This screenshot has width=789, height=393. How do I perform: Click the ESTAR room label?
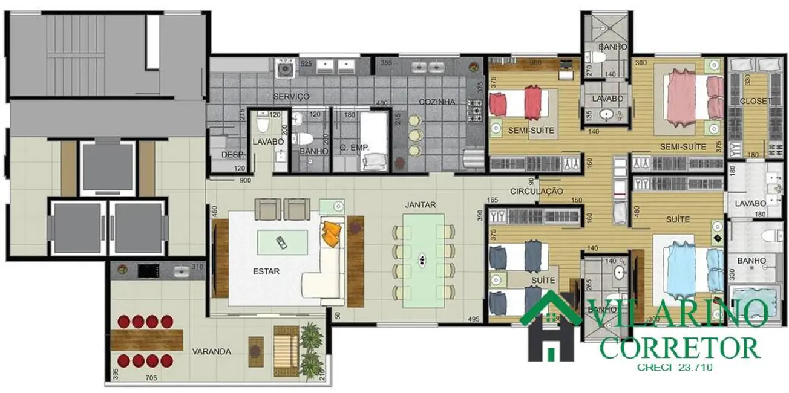[266, 271]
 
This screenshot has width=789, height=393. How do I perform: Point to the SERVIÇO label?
[291, 97]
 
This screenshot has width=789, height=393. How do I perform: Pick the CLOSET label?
[756, 101]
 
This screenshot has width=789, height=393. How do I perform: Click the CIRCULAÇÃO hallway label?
[537, 192]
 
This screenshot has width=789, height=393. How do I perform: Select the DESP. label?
[232, 155]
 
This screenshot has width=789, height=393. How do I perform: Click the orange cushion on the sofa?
[330, 233]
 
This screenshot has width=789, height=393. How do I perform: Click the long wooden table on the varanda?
[146, 339]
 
